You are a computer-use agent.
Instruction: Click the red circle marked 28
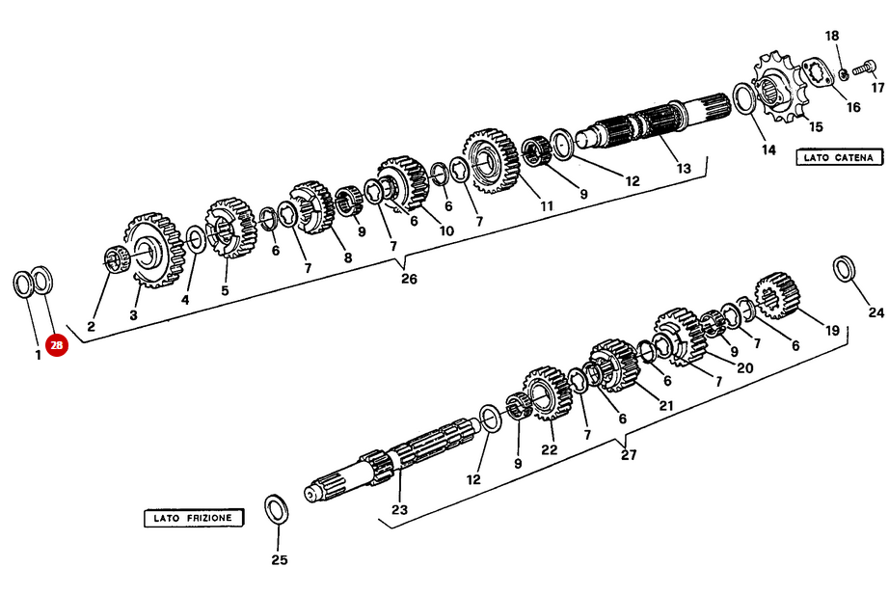pos(57,345)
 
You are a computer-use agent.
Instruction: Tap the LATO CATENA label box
pos(839,157)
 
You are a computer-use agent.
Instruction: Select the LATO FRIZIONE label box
pos(194,518)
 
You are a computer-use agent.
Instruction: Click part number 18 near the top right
pos(832,36)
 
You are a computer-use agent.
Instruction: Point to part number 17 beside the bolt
pos(877,88)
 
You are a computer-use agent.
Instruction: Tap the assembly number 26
pos(409,279)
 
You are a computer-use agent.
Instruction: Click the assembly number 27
pos(629,455)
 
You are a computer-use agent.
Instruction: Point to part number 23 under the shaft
pos(400,510)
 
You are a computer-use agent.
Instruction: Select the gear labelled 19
pos(777,295)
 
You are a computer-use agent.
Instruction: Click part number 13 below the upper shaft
pos(684,168)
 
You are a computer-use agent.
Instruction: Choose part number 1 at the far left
pos(38,355)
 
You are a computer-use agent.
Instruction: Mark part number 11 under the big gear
pos(546,205)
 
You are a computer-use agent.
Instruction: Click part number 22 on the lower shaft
pos(549,449)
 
